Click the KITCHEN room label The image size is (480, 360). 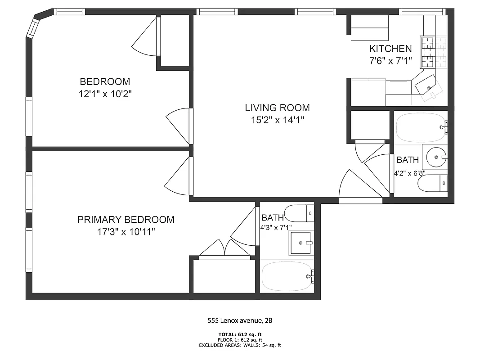point(390,49)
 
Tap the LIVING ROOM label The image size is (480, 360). point(277,108)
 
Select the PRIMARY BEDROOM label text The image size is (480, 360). point(126,220)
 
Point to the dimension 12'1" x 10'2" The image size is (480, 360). point(105,94)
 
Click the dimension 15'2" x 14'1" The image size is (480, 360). point(277,120)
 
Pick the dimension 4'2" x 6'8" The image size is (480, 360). point(409,173)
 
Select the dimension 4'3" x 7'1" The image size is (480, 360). point(276,228)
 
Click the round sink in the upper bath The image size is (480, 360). point(435,157)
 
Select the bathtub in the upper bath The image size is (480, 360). point(420,127)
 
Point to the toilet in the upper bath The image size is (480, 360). point(432,183)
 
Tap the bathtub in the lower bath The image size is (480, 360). point(287,275)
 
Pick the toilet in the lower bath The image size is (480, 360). point(299,212)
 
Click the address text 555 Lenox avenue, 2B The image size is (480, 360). point(240,321)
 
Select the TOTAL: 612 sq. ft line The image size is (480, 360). point(240,334)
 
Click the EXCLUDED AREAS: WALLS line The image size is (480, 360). point(240,345)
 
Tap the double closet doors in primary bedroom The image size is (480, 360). point(224,249)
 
